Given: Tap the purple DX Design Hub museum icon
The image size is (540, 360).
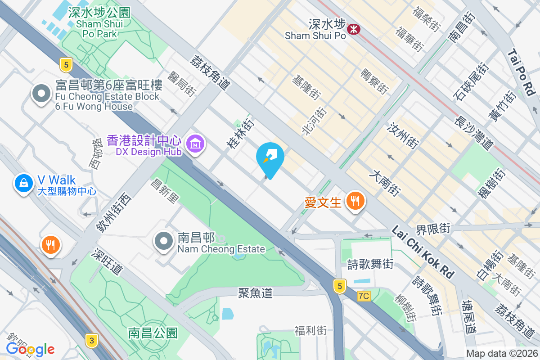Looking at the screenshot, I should coord(195,144).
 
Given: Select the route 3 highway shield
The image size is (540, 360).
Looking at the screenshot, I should coord(91,341).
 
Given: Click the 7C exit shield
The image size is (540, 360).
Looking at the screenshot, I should coord(364,296).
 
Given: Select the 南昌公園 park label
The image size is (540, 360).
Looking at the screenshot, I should coord(153,333).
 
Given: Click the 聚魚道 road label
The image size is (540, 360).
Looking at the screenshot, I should coord(256,293).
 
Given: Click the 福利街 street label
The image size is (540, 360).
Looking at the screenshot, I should coord(310,331).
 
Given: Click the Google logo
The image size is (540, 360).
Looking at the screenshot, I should coord(30,349).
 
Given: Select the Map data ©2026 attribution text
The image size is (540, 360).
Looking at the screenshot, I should coord(501,354).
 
